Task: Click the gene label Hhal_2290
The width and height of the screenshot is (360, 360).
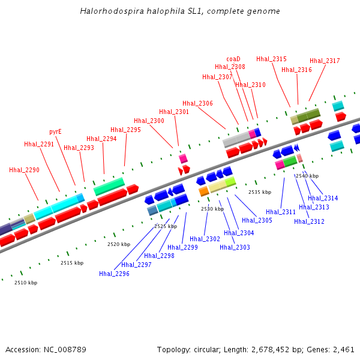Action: click(x=24, y=170)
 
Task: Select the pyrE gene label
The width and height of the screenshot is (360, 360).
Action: click(x=55, y=131)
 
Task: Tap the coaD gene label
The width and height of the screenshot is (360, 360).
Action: click(x=233, y=59)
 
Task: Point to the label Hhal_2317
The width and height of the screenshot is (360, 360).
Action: click(x=325, y=61)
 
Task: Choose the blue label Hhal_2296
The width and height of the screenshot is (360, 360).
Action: click(x=114, y=274)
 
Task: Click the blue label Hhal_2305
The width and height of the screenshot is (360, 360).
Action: click(x=257, y=220)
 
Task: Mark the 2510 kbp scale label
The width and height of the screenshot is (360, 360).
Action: click(x=26, y=283)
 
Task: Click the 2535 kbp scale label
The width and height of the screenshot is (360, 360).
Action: click(x=260, y=192)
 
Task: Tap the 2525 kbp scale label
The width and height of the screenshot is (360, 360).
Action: click(x=166, y=226)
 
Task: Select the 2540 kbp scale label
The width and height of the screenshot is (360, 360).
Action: click(x=307, y=176)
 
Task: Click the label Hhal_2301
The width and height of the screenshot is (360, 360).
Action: click(x=174, y=112)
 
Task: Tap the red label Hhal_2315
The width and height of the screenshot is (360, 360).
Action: click(x=271, y=59)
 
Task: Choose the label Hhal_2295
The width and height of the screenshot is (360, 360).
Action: click(x=125, y=130)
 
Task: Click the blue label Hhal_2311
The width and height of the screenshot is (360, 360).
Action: click(x=281, y=212)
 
